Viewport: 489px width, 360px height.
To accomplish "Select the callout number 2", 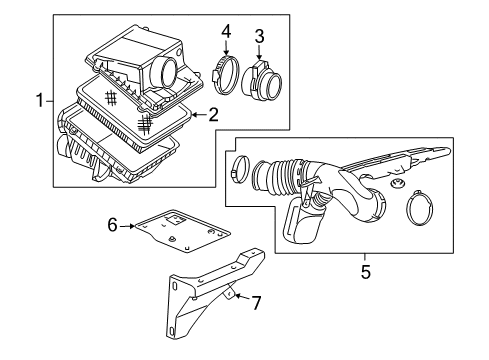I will pos(213,116).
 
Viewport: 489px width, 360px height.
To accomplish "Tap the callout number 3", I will pos(259,37).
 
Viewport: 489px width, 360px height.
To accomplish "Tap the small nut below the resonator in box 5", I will pos(396,187).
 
